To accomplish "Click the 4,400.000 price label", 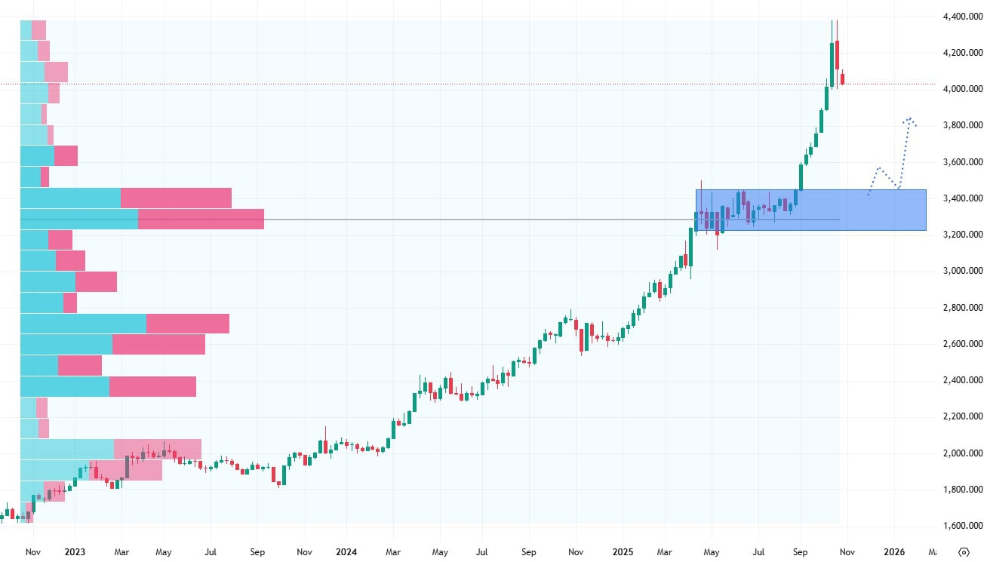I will click(961, 17).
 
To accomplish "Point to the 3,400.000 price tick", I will click(961, 198).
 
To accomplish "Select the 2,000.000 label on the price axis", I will click(961, 453).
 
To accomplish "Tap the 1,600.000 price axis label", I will click(961, 526).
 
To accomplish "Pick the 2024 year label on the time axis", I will click(346, 551).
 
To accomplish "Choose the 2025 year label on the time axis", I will click(621, 551).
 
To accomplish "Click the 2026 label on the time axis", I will click(894, 551).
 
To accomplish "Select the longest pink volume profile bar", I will click(201, 220).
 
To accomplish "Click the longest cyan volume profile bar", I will click(83, 324).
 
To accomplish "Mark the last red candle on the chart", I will click(842, 78).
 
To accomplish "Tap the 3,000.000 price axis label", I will click(961, 271).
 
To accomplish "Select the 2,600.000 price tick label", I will click(961, 344).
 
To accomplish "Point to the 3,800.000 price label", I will click(961, 125).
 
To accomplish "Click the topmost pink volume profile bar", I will click(38, 30).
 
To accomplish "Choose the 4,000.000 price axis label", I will click(961, 89).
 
